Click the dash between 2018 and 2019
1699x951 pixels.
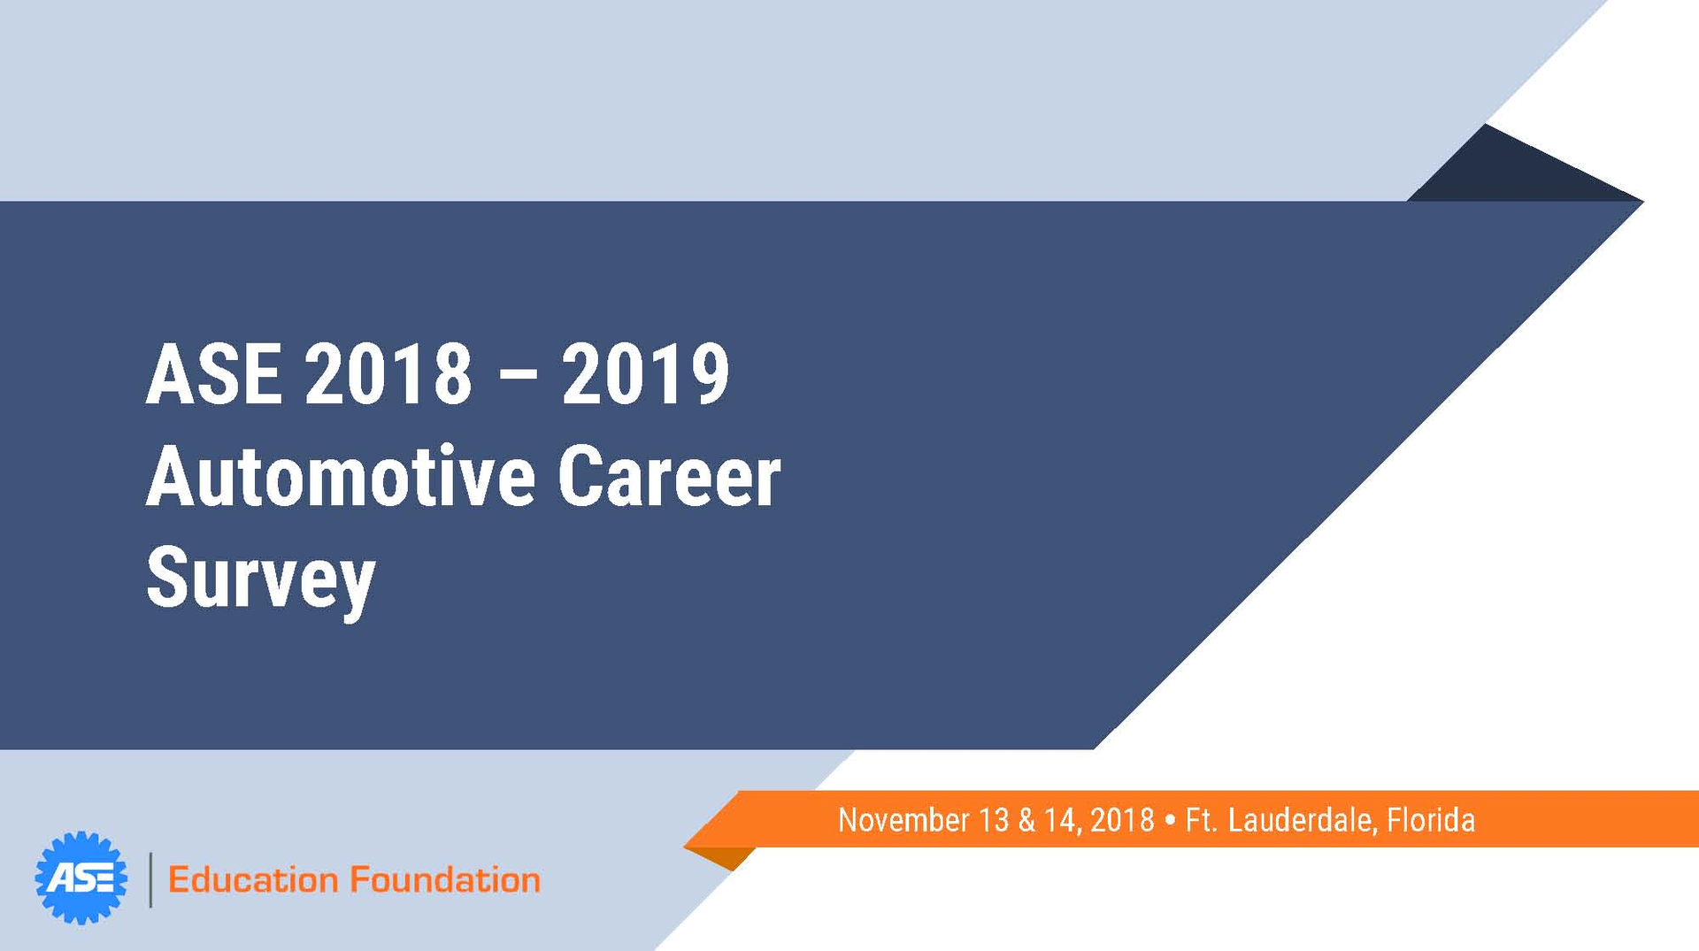pos(518,376)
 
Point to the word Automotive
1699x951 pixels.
pos(341,477)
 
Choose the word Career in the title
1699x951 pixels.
pos(669,477)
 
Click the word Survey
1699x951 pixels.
pos(261,579)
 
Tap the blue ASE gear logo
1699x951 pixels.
pos(81,878)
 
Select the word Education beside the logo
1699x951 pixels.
pos(253,880)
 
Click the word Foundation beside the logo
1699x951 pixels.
pos(445,880)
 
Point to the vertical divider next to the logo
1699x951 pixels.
pos(150,879)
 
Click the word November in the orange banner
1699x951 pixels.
pos(903,820)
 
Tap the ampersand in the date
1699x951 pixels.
pos(1026,820)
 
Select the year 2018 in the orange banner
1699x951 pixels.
pos(1122,820)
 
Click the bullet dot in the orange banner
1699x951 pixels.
pos(1170,820)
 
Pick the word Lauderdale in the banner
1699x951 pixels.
pos(1301,820)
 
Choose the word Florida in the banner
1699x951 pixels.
pos(1431,820)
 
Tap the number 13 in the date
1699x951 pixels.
pos(994,820)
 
